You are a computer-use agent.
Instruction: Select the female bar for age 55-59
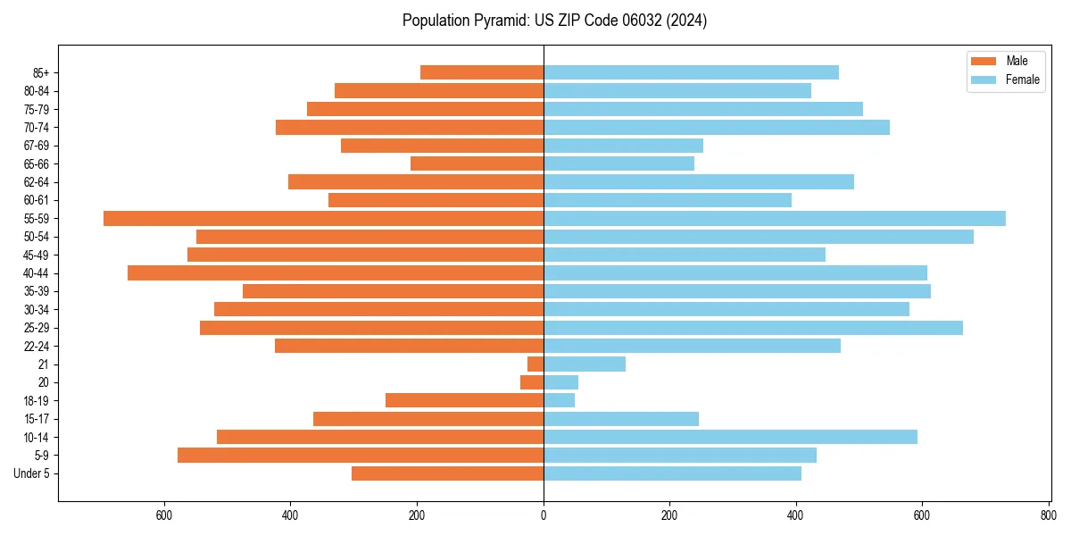775,218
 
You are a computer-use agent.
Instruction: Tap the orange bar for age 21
535,364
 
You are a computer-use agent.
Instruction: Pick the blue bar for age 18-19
560,400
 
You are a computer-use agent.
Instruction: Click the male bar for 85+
482,72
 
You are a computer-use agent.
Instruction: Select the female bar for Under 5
672,473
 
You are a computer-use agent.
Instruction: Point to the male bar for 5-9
361,455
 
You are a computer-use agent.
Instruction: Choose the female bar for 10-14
730,437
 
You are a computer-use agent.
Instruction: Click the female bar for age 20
561,382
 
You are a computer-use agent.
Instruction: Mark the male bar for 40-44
336,272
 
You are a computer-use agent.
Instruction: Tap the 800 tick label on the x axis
1048,515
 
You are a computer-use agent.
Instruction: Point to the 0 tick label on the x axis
544,515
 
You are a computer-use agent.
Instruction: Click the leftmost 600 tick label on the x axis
163,515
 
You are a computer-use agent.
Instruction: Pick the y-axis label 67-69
37,146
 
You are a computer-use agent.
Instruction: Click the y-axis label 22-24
37,346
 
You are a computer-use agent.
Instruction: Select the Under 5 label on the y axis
32,473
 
